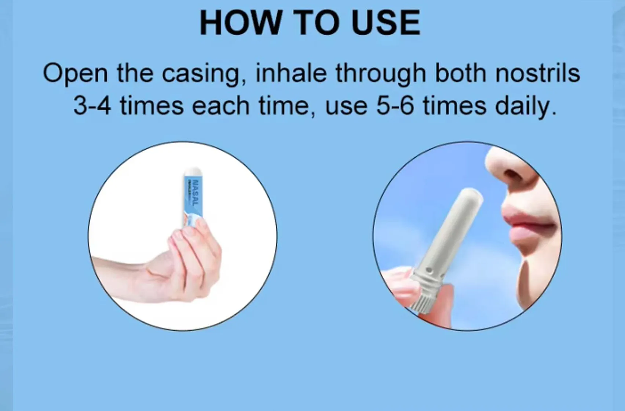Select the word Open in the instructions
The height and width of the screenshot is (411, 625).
pos(75,73)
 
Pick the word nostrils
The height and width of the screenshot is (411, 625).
pos(538,73)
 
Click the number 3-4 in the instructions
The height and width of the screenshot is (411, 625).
pos(92,106)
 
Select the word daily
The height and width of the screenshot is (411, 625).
pos(525,106)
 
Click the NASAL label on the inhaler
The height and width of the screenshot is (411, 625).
pos(195,193)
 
